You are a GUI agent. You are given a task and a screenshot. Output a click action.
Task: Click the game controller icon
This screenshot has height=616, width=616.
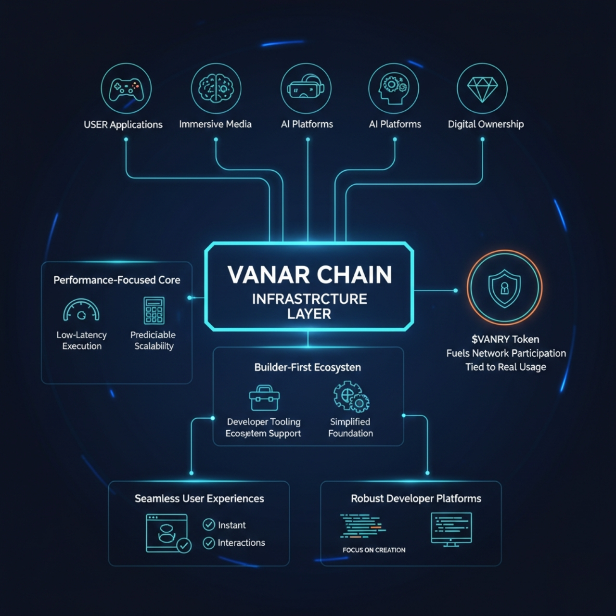126,89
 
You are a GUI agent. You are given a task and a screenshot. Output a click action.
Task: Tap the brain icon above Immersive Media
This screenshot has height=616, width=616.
216,89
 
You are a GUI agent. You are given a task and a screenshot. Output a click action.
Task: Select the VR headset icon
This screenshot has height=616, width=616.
306,89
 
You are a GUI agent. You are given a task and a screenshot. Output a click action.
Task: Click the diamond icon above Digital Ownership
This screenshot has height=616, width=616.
482,89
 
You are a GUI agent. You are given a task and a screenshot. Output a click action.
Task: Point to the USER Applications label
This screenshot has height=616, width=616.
123,125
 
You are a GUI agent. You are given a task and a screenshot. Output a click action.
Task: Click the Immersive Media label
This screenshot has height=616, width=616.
215,124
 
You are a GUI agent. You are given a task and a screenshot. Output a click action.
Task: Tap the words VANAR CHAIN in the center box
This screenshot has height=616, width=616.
309,275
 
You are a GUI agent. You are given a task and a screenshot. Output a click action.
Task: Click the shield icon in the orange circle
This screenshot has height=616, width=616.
504,288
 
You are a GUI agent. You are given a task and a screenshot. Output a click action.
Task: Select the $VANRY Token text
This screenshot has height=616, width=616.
505,339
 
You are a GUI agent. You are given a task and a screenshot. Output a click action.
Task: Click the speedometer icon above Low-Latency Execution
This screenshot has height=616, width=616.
81,311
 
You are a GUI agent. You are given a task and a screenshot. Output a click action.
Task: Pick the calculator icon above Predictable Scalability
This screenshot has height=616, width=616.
154,310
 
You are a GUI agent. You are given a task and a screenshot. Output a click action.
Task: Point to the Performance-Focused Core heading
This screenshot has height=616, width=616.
117,280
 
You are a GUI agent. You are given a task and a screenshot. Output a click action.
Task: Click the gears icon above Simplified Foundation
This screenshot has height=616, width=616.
351,397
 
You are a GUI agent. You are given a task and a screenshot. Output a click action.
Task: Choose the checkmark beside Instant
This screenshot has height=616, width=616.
209,525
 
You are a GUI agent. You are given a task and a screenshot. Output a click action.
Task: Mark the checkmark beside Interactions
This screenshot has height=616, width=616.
209,543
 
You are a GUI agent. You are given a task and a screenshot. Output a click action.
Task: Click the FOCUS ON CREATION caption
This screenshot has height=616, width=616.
374,550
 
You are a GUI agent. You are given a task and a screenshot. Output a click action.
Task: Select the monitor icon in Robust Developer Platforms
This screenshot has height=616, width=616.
451,529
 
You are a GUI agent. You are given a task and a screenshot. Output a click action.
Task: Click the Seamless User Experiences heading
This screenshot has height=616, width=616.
199,499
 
